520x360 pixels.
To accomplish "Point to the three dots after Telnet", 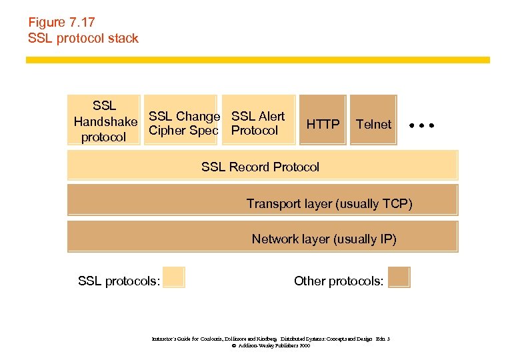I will pyautogui.click(x=422, y=125).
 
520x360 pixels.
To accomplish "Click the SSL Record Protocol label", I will pyautogui.click(x=260, y=167).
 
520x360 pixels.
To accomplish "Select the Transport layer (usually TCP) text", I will pyautogui.click(x=329, y=203).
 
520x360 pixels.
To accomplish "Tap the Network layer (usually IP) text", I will pyautogui.click(x=324, y=239).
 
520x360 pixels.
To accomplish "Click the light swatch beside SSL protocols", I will pyautogui.click(x=174, y=277).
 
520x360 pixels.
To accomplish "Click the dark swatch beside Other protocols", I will pyautogui.click(x=399, y=277).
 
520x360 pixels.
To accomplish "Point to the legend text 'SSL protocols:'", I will pyautogui.click(x=119, y=281).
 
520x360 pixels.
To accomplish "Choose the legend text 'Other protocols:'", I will pyautogui.click(x=339, y=281).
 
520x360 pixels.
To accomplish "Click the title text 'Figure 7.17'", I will pyautogui.click(x=61, y=23).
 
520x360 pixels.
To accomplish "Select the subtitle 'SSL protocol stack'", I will pyautogui.click(x=83, y=38).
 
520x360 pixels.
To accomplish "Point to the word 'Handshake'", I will pyautogui.click(x=105, y=122).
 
